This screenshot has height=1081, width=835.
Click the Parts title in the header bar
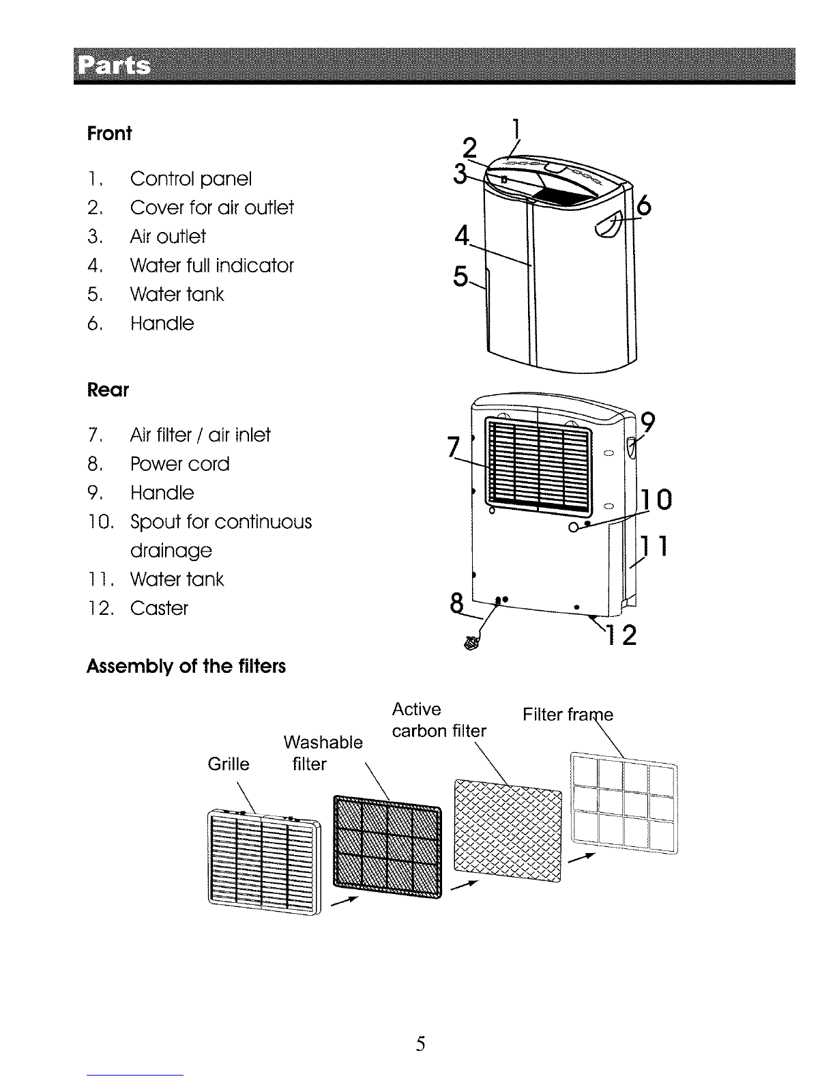(115, 66)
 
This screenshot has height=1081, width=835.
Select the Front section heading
(108, 133)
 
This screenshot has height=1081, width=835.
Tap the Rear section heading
(108, 390)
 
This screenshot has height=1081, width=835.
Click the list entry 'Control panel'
(190, 179)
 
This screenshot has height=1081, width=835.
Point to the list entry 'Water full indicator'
(211, 265)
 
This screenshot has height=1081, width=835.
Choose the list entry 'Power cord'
(179, 464)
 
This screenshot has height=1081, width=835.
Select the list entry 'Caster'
(159, 608)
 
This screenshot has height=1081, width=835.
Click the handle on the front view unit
(607, 225)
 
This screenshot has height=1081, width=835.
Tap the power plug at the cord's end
(470, 642)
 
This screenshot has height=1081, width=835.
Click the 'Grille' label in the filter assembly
(229, 764)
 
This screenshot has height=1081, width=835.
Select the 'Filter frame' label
(568, 715)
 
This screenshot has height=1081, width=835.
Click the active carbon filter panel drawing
(508, 833)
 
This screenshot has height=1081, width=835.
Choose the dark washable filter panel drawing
(387, 845)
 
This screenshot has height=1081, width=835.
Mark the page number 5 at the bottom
(421, 1043)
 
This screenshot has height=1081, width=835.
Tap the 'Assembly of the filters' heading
(186, 666)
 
